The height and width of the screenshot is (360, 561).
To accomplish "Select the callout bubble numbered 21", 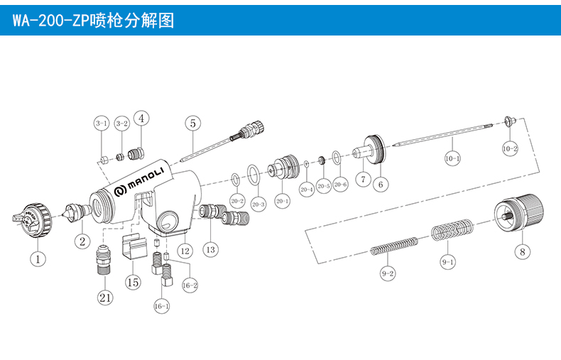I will click(x=105, y=298).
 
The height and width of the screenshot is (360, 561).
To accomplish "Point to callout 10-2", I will click(x=510, y=149).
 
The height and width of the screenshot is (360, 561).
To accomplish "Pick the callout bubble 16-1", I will click(x=161, y=306).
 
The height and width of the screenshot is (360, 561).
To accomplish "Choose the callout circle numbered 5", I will click(x=192, y=123).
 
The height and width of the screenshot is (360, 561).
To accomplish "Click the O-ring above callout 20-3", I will click(x=253, y=172).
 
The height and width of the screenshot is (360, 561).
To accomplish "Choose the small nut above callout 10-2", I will click(x=508, y=121).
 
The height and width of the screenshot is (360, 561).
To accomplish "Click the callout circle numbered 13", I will click(x=210, y=249).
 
